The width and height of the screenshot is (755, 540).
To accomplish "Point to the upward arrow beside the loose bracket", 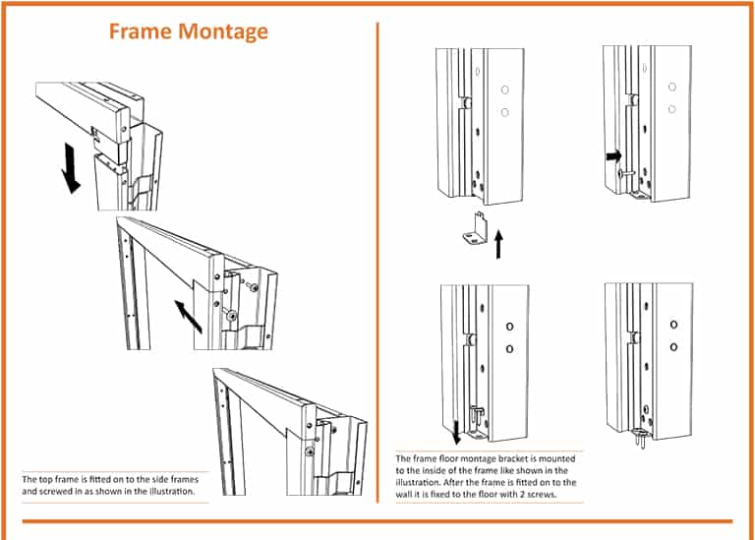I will (x=498, y=240).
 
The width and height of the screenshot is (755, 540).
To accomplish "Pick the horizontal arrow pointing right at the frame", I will (x=613, y=155).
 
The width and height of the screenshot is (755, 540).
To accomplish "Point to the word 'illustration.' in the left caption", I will (x=167, y=490).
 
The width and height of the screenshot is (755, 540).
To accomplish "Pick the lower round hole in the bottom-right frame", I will (x=673, y=346).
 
